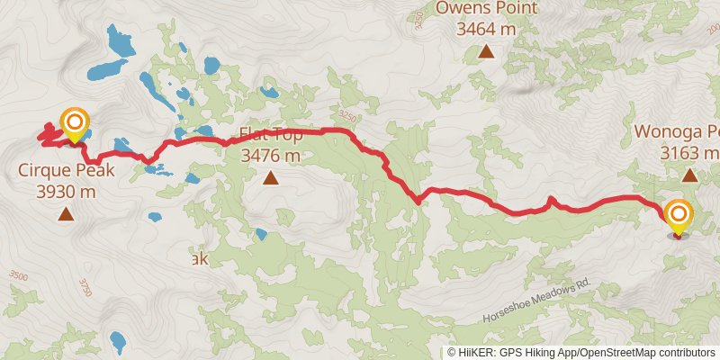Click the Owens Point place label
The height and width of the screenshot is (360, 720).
click(x=486, y=9)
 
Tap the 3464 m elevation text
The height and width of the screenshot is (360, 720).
click(x=486, y=30)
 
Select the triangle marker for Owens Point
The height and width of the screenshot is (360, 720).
click(x=486, y=51)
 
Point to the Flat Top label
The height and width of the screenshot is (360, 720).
click(x=270, y=137)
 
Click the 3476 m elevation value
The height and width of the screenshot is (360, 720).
click(x=270, y=157)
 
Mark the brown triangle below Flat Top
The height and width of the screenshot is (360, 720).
click(x=270, y=178)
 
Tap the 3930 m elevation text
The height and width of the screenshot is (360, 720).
click(x=65, y=191)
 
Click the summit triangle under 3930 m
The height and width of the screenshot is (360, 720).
click(x=65, y=213)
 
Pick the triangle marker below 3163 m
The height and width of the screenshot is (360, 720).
click(x=689, y=175)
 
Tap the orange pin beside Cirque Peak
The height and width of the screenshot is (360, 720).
click(x=75, y=123)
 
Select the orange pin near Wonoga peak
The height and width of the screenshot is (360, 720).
click(x=678, y=215)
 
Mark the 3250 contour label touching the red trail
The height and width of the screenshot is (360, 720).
click(x=348, y=118)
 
